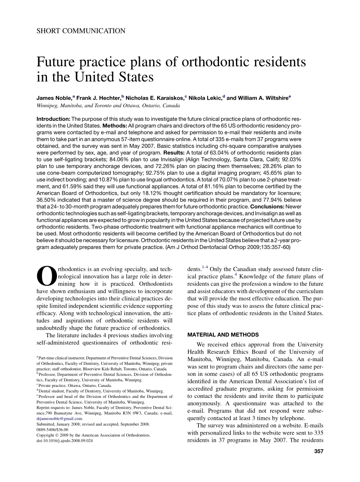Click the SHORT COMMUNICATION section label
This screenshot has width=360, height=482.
[x=81, y=31]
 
